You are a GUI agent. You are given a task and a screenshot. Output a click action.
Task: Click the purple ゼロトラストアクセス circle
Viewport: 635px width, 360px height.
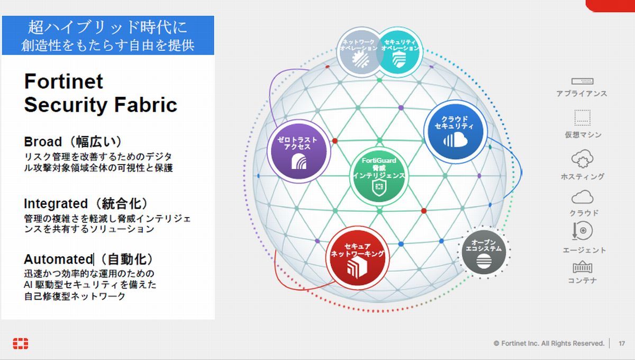tap(298, 151)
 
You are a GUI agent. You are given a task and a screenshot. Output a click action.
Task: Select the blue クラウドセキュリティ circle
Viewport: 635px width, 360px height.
tap(456, 132)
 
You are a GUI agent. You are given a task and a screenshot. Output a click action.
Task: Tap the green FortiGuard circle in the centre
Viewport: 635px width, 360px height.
tap(379, 176)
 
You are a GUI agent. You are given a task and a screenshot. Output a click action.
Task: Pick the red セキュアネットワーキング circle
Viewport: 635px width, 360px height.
tap(357, 258)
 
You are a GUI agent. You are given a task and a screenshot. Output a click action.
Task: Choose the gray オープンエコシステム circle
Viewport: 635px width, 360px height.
tap(484, 252)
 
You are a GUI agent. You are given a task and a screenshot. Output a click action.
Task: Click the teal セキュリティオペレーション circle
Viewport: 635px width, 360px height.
tap(400, 52)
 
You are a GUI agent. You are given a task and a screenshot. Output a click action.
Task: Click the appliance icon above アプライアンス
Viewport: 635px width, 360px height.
tap(582, 82)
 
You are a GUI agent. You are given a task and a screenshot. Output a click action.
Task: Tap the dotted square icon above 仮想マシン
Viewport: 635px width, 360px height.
tap(583, 118)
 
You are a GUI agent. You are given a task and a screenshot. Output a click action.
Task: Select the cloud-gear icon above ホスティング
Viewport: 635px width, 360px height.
tap(582, 159)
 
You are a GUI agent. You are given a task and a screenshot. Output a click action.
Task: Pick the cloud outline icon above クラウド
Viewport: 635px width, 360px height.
tap(582, 197)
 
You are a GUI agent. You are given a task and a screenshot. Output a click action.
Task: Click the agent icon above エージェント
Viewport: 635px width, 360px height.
tap(582, 231)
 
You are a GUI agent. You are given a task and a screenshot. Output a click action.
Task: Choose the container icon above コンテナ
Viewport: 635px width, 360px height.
tap(583, 267)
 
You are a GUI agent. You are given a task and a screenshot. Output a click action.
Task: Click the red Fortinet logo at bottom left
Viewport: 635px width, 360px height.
tap(21, 344)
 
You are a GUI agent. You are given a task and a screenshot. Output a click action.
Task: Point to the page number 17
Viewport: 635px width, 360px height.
tap(622, 344)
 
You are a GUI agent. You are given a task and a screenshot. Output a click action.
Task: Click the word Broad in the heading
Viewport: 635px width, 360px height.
tap(43, 142)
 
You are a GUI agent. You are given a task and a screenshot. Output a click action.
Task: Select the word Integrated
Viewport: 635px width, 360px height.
tap(56, 204)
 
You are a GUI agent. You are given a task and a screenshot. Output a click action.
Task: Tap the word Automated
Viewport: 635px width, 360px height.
tap(58, 259)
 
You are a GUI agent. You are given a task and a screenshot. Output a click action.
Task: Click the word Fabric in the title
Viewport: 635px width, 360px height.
tap(146, 105)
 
